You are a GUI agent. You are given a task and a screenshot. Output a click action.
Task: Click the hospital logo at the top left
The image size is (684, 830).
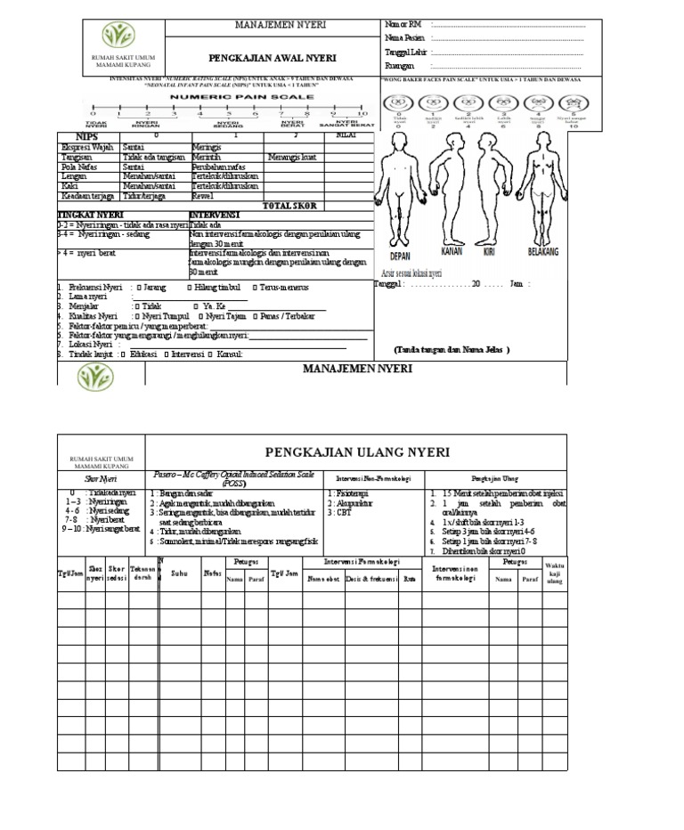(118, 36)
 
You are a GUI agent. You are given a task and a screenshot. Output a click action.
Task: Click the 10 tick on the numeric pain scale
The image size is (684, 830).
(361, 114)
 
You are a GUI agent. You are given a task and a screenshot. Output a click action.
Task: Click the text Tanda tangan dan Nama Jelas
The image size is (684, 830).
(451, 350)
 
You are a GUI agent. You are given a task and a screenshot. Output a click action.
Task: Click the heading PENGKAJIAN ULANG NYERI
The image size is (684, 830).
(356, 452)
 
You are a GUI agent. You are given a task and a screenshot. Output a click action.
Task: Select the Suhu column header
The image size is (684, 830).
(180, 574)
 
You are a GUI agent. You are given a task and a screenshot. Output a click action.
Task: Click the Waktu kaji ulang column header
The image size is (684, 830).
(554, 574)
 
